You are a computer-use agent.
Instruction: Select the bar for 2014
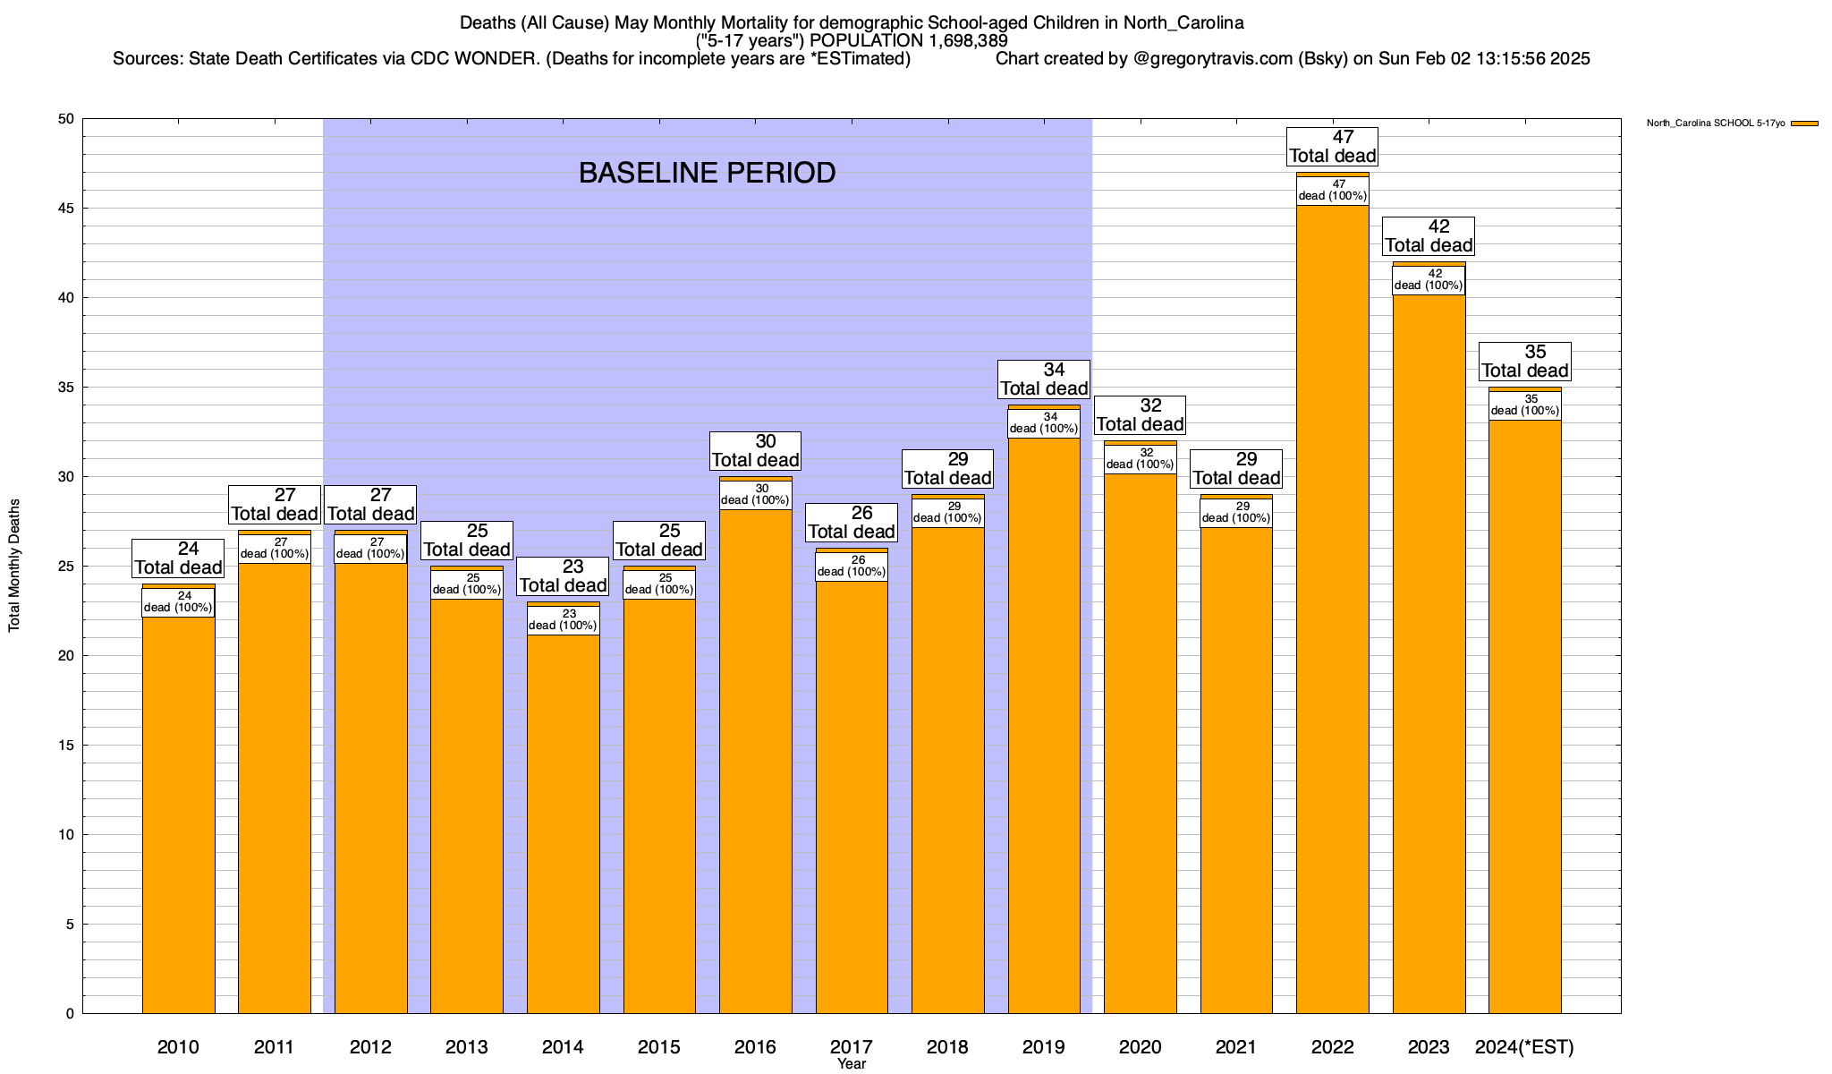(563, 823)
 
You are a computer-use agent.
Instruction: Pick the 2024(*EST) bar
(1524, 716)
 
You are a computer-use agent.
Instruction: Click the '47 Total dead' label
(1332, 147)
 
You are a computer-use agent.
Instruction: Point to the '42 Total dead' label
(1429, 236)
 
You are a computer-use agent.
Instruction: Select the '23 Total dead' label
(563, 576)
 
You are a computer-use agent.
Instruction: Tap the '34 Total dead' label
(1044, 379)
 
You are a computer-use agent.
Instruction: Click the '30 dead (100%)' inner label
(755, 495)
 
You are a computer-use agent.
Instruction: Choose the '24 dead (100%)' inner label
(178, 602)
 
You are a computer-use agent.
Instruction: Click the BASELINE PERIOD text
(707, 173)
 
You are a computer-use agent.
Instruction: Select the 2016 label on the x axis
(755, 1047)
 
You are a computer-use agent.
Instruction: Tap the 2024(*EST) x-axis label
(1524, 1047)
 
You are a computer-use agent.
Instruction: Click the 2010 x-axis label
(178, 1047)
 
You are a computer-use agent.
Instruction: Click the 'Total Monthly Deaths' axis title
(14, 566)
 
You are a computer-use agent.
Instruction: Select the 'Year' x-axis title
(852, 1064)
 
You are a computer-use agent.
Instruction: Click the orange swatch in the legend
(1805, 124)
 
